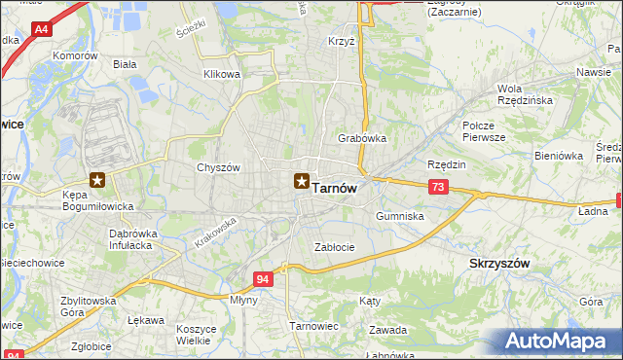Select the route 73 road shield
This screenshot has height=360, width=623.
[x=439, y=187]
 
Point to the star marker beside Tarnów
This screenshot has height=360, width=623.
[x=302, y=180]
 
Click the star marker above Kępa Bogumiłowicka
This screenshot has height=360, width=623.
[x=97, y=179]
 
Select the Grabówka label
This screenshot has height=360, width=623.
[x=362, y=138]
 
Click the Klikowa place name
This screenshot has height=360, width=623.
[x=221, y=74]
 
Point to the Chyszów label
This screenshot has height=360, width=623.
[x=218, y=167]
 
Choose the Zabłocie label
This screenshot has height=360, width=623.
[x=334, y=247]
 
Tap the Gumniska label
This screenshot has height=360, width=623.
[x=399, y=216]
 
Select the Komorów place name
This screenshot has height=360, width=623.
[x=78, y=56]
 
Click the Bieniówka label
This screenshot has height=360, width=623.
[x=558, y=155]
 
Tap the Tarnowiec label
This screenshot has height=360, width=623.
[x=313, y=325]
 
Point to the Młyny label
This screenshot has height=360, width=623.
[x=243, y=300]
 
